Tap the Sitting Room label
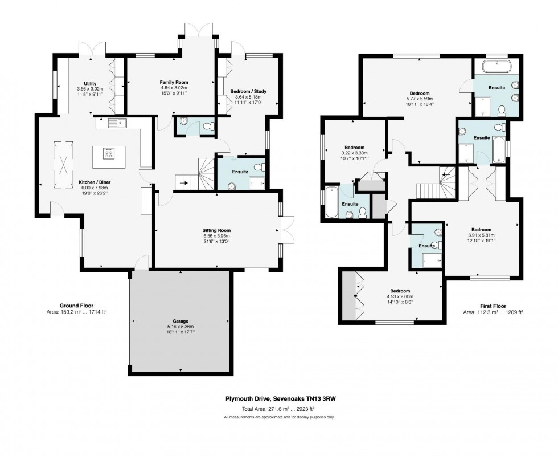pos(216,230)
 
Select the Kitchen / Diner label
pos(95,182)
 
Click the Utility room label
pos(90,83)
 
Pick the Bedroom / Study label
pos(248,91)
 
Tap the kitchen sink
pos(117,123)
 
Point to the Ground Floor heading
pos(76,306)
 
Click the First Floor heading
pos(493,306)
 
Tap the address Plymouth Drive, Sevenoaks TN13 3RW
pos(281,398)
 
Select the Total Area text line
pos(278,409)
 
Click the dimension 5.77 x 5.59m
pos(420,99)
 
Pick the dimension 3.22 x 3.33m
pos(354,153)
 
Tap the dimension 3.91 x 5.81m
pos(482,235)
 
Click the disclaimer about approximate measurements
pos(278,417)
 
